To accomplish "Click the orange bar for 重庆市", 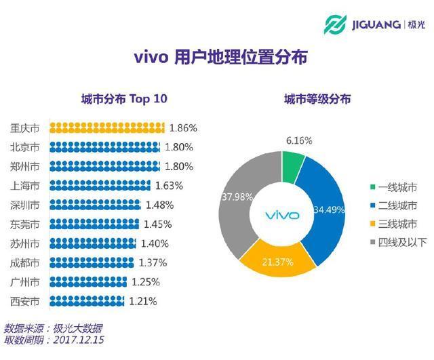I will pyautogui.click(x=106, y=127).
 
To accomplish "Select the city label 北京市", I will pyautogui.click(x=25, y=146).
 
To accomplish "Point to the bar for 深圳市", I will pyautogui.click(x=95, y=205).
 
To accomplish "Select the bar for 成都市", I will pyautogui.click(x=92, y=262).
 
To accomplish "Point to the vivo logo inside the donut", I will pyautogui.click(x=281, y=216).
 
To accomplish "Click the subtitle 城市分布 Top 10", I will pyautogui.click(x=123, y=99).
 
